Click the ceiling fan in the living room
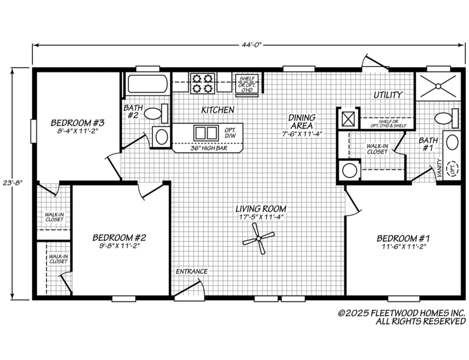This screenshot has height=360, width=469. click(259, 239)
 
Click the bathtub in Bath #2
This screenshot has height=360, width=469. click(147, 84)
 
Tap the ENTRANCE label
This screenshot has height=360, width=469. click(192, 271)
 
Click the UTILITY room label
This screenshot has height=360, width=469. click(387, 95)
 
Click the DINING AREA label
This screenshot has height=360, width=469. click(302, 121)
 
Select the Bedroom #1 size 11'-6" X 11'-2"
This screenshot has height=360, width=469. click(403, 247)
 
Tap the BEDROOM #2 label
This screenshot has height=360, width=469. click(119, 237)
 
